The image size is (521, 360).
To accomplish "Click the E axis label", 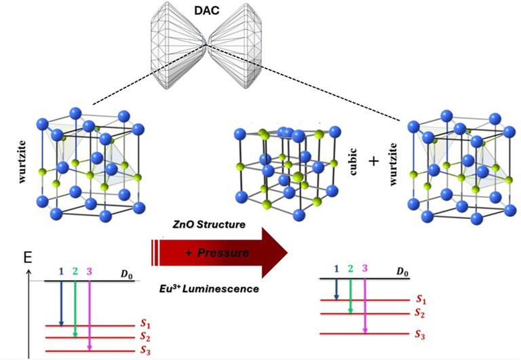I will [27, 258].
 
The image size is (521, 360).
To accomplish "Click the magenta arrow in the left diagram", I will [90, 315].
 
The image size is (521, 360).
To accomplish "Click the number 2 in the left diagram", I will [75, 272].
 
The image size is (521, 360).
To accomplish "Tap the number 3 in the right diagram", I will [365, 268].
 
